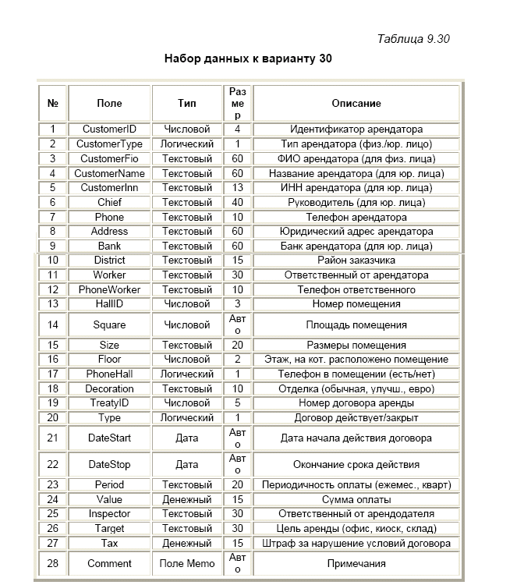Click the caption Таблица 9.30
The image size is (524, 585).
[412, 39]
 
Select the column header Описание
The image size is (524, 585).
[356, 103]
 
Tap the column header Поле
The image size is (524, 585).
[109, 103]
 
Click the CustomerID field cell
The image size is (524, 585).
[109, 129]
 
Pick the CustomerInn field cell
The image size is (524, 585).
[109, 188]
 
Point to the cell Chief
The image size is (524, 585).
[109, 202]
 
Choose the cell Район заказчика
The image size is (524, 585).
[356, 261]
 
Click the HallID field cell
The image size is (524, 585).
[109, 304]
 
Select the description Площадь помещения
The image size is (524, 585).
[356, 324]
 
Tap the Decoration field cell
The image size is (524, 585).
[109, 388]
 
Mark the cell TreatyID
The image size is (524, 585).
[109, 403]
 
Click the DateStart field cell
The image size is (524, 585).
[109, 438]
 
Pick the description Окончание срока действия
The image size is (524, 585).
[356, 464]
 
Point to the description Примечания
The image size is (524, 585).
[356, 563]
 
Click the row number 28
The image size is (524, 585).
[52, 563]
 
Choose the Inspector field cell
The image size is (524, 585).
[109, 514]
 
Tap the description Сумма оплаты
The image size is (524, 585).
[356, 499]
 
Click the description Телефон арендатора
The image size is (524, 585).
[356, 217]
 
